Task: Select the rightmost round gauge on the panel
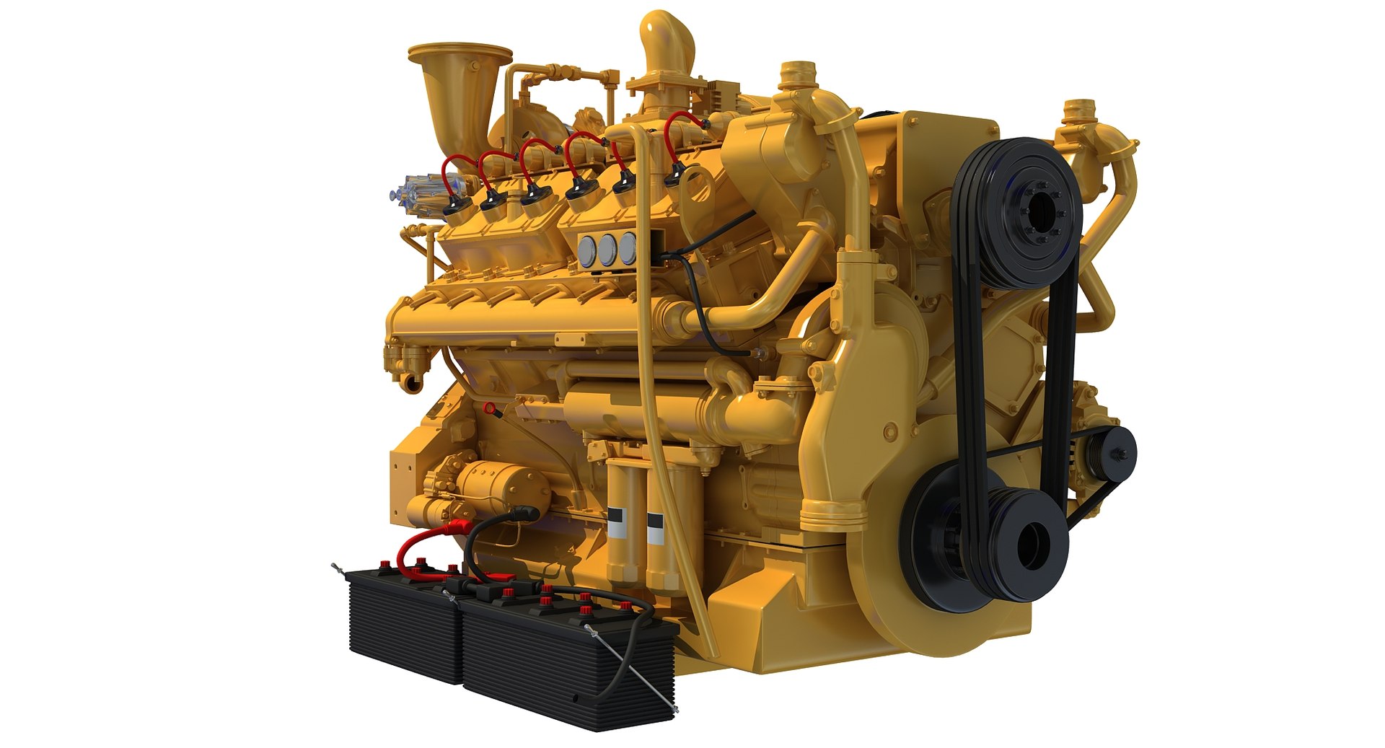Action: pyautogui.click(x=629, y=247)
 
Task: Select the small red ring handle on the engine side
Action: pyautogui.click(x=490, y=409)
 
